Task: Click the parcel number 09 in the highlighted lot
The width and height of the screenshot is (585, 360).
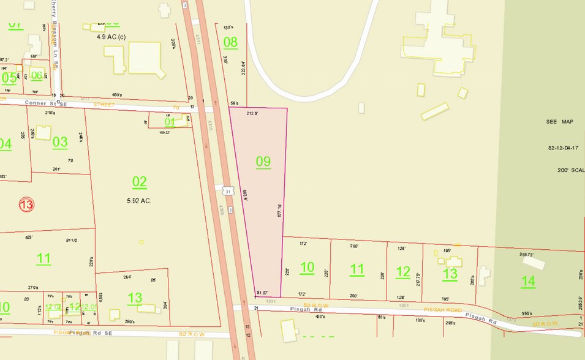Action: [263, 162]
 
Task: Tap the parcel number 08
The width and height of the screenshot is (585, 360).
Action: [230, 42]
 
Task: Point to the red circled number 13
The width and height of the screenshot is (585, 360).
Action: [26, 204]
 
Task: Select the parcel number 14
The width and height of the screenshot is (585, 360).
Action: [528, 281]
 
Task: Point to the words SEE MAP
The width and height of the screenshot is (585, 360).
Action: [559, 122]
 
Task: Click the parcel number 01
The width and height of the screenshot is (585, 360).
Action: [170, 122]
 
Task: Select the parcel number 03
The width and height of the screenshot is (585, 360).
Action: [60, 142]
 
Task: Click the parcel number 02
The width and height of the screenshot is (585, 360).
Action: [140, 181]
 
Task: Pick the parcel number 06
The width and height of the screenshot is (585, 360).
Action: [37, 75]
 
